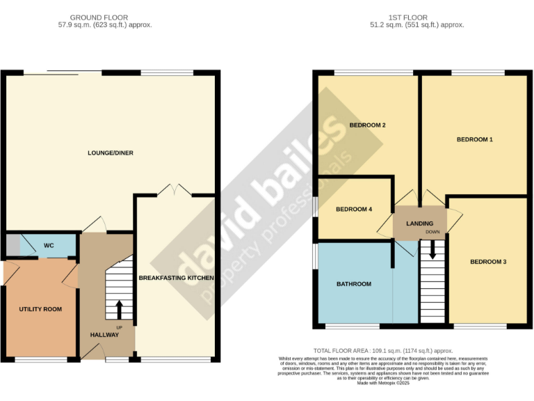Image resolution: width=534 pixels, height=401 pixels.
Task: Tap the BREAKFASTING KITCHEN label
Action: (176, 278)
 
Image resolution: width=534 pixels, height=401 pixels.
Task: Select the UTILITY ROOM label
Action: (40, 308)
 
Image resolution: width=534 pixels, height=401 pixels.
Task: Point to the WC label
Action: (49, 246)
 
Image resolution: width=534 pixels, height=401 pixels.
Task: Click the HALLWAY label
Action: (105, 335)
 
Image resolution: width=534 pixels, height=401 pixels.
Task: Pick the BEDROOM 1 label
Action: (474, 140)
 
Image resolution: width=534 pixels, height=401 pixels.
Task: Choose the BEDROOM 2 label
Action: (367, 125)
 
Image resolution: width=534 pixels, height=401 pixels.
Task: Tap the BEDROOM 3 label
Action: (488, 262)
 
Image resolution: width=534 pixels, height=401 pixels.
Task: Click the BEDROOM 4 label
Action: (354, 209)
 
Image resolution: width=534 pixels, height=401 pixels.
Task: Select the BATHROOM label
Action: (354, 284)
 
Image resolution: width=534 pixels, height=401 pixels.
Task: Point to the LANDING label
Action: (419, 223)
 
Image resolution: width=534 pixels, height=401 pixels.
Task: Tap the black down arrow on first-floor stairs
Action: (432, 249)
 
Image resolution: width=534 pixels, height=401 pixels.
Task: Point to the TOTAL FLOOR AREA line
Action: (383, 351)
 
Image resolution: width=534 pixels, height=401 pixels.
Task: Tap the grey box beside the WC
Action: (13, 246)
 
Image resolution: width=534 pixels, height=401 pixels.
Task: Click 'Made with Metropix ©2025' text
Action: (383, 383)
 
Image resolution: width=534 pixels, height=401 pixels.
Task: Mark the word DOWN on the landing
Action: (433, 232)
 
